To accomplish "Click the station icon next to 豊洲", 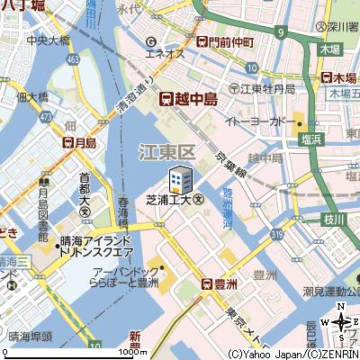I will [x=207, y=284].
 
